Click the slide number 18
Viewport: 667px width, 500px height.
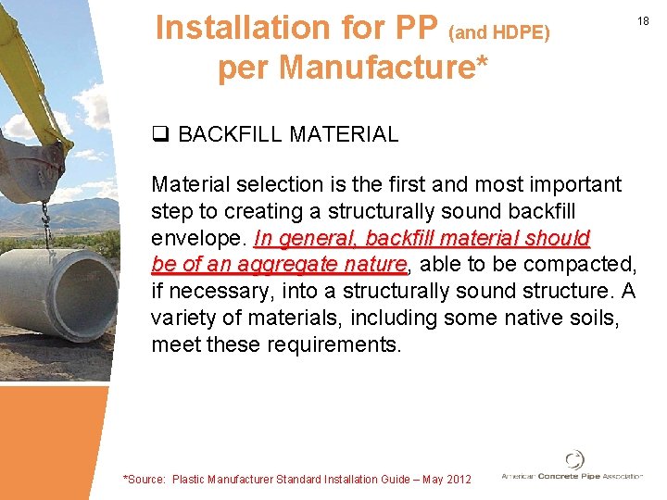pos(645,20)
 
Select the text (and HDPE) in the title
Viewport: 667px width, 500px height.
pos(499,32)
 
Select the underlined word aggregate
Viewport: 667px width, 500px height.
pos(290,265)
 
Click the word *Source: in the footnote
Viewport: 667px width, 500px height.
pos(145,479)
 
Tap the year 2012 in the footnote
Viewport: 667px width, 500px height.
pos(458,479)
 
